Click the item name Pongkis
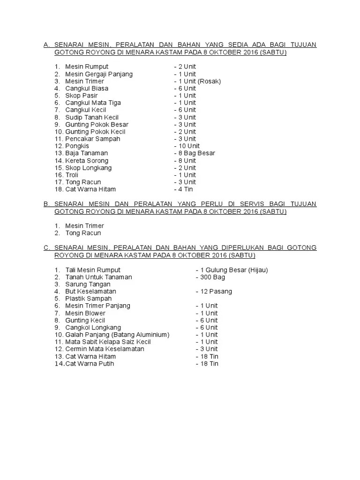(77, 146)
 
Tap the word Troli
(72, 175)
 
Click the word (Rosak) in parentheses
(209, 81)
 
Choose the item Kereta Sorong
(87, 160)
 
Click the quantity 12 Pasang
(216, 292)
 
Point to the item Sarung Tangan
(88, 284)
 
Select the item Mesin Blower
(85, 313)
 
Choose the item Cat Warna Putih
(90, 364)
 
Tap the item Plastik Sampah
(89, 299)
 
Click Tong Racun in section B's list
(83, 233)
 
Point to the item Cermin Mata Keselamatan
(105, 349)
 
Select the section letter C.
(46, 247)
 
